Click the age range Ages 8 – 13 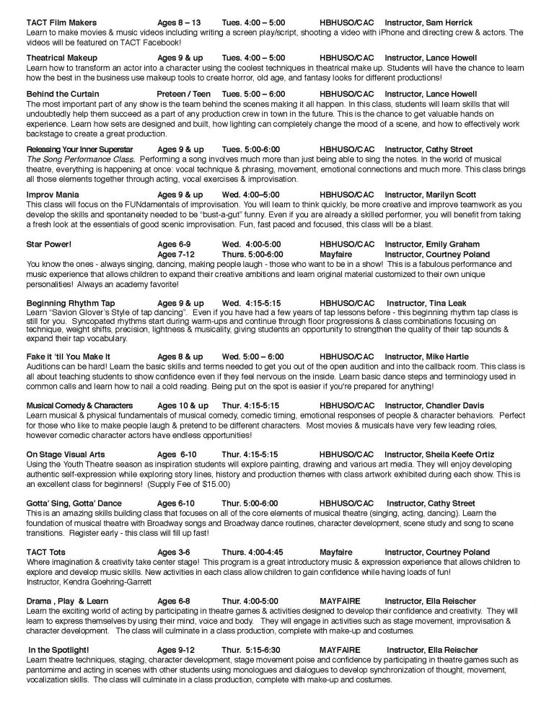coord(180,23)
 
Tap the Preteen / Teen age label coord(184,94)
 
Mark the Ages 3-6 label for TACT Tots coord(177,553)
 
